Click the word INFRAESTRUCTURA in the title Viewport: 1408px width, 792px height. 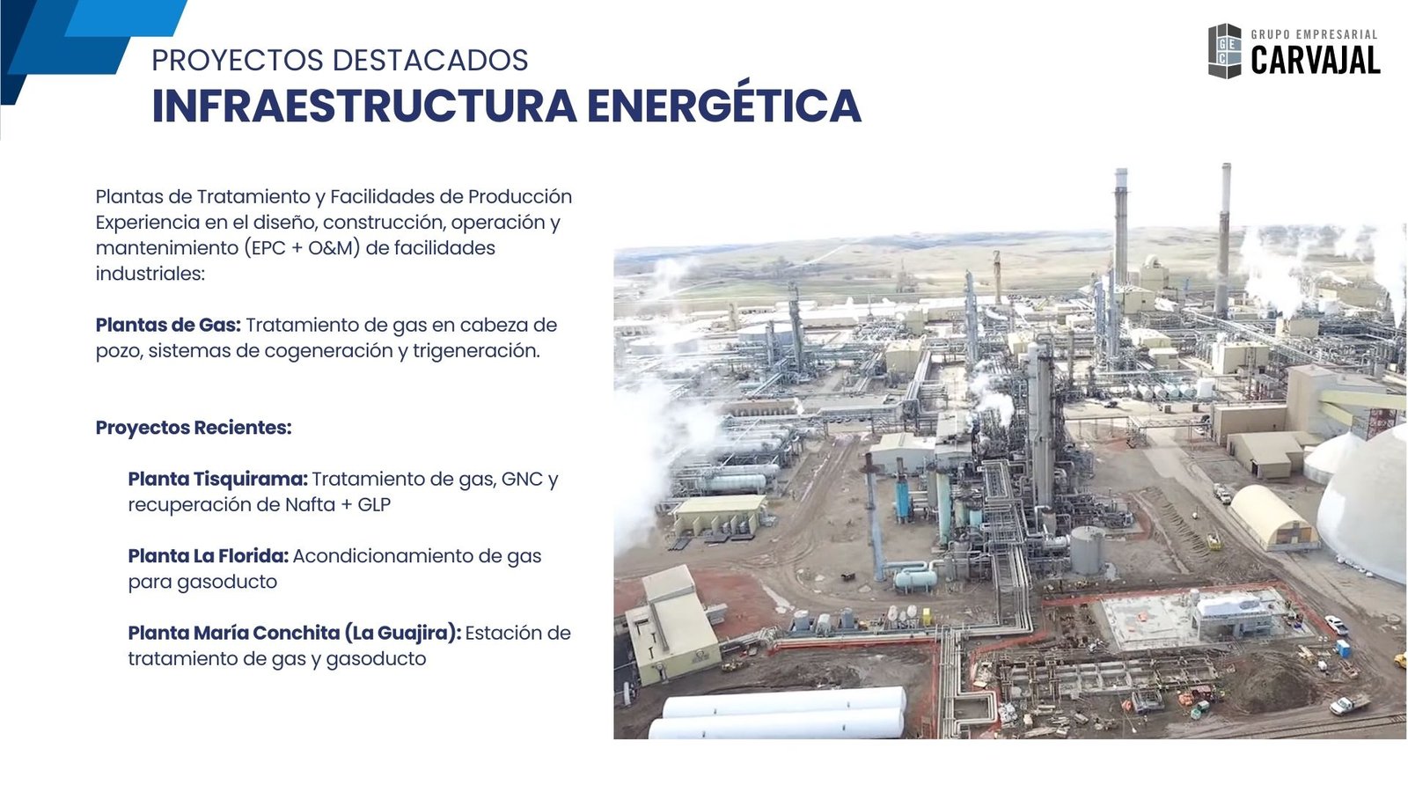(364, 105)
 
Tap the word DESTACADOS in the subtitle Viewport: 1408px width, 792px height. (430, 61)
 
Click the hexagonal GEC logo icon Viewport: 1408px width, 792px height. (1224, 51)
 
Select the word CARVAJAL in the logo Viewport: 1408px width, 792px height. (1315, 61)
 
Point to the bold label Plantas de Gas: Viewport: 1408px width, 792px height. (168, 325)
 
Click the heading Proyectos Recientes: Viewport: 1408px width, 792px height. (194, 428)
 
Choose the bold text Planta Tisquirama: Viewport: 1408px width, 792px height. (217, 479)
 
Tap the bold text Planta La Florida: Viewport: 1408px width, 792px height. (208, 555)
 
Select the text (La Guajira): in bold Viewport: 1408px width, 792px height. (403, 633)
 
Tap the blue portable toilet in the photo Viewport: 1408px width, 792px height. (1342, 648)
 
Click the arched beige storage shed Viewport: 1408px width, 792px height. (1272, 517)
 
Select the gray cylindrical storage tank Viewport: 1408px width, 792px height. (1088, 550)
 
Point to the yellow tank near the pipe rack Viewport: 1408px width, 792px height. (926, 617)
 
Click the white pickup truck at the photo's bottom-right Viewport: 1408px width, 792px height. (1349, 704)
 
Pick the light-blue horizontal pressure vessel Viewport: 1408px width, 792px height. (916, 578)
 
